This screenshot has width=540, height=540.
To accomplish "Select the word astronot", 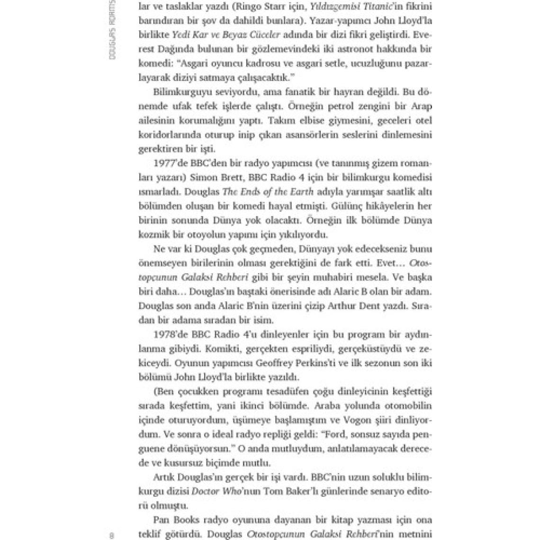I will tap(350, 50).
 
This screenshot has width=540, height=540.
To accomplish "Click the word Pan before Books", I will tap(161, 520).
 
